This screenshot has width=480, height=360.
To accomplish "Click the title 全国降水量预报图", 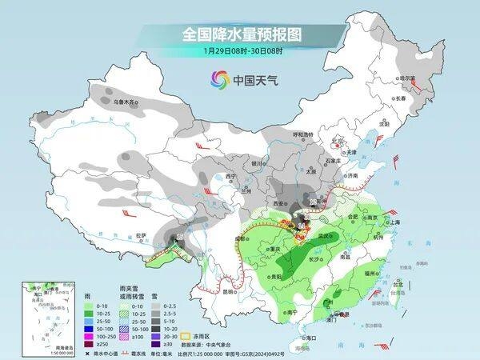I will [240, 35].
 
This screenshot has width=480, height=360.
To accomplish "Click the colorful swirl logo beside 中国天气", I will [220, 79].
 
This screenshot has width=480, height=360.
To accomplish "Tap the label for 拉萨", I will [142, 235].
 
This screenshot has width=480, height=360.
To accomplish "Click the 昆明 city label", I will [229, 291].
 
